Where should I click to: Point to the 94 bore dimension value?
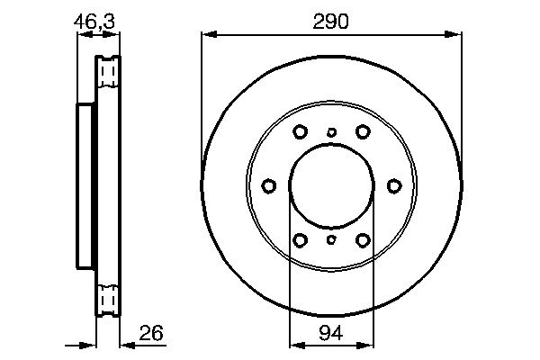(x=330, y=335)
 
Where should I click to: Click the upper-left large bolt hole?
(x=300, y=132)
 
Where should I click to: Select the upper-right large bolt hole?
(x=363, y=132)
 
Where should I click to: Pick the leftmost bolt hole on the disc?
(x=269, y=186)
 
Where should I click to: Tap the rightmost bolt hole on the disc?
(x=393, y=186)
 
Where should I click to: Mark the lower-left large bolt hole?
(x=300, y=240)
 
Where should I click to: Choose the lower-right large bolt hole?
(x=363, y=240)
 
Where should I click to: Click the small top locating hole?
(x=331, y=132)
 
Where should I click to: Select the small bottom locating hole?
(x=331, y=240)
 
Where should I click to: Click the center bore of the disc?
(x=331, y=186)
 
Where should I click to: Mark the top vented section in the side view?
(x=108, y=71)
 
